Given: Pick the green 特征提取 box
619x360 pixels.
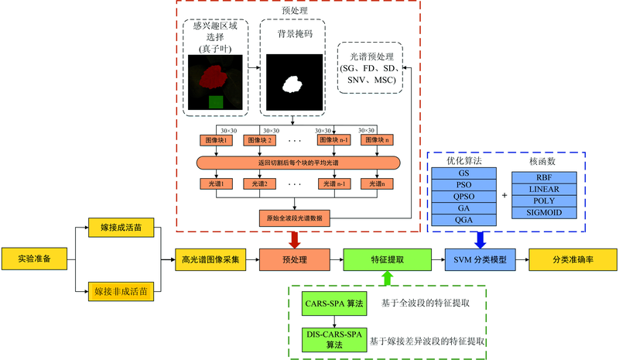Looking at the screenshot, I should click(387, 259).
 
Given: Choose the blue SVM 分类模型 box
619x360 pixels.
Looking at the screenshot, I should click(480, 259).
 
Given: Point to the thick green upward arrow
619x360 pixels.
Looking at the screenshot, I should click(387, 277).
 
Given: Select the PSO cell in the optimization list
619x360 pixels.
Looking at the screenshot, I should click(463, 186).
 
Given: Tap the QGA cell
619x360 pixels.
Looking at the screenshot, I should click(463, 220).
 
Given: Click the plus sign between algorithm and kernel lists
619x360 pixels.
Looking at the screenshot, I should click(504, 195).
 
